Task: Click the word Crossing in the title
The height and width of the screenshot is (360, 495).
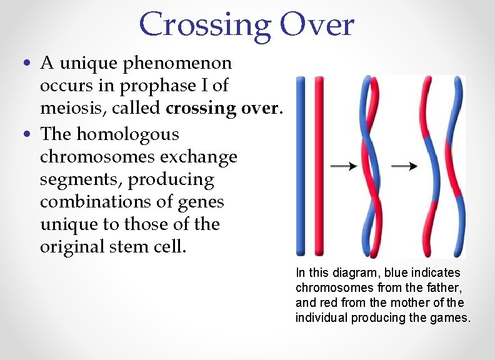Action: click(x=205, y=25)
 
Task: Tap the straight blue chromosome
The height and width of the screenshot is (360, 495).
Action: click(x=301, y=166)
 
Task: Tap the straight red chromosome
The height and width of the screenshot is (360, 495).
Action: click(x=319, y=166)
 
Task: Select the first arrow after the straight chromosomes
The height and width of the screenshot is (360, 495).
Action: click(x=342, y=166)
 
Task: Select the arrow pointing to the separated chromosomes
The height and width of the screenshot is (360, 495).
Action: click(x=408, y=166)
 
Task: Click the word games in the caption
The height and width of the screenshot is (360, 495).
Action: click(x=451, y=317)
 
